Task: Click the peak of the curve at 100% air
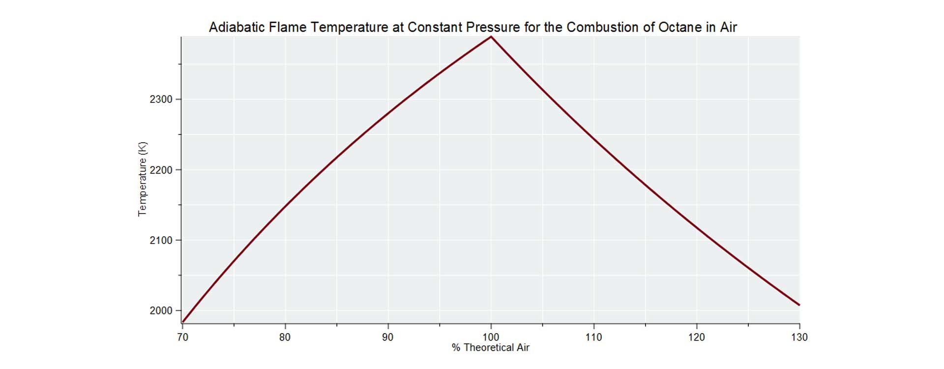pyautogui.click(x=491, y=37)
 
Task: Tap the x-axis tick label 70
pyautogui.click(x=182, y=338)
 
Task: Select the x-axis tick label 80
pyautogui.click(x=285, y=338)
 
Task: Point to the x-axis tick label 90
pyautogui.click(x=388, y=338)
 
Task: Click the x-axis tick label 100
pyautogui.click(x=491, y=338)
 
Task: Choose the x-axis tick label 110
pyautogui.click(x=593, y=338)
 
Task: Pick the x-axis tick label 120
pyautogui.click(x=696, y=338)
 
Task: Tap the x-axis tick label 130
pyautogui.click(x=799, y=338)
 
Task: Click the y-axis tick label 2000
pyautogui.click(x=161, y=311)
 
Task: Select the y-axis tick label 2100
pyautogui.click(x=161, y=241)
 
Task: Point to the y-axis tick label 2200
pyautogui.click(x=161, y=170)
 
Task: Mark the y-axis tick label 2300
pyautogui.click(x=161, y=99)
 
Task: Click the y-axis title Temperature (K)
pyautogui.click(x=143, y=179)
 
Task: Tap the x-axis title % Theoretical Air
pyautogui.click(x=490, y=348)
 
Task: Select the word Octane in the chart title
pyautogui.click(x=680, y=28)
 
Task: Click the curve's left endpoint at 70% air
pyautogui.click(x=183, y=322)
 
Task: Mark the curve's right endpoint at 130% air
pyautogui.click(x=799, y=305)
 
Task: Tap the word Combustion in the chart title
pyautogui.click(x=602, y=28)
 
